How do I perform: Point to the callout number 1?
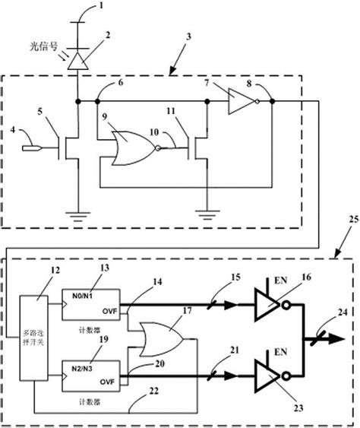tap(104, 9)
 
